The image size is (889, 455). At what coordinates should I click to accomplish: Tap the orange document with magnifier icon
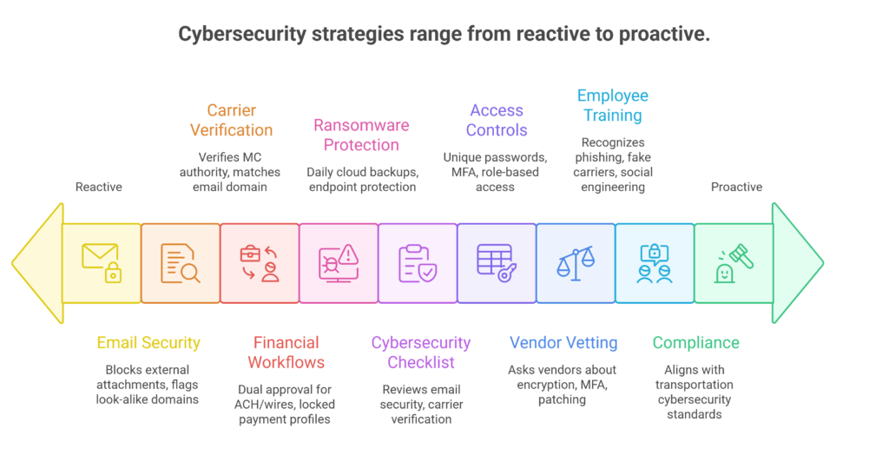coord(181,262)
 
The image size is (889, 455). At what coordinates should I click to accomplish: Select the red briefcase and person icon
coord(260,262)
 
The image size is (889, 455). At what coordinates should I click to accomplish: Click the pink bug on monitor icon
coord(339,262)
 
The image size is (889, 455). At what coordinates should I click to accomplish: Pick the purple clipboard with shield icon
coord(418,262)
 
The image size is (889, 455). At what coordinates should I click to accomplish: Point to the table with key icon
coord(497,262)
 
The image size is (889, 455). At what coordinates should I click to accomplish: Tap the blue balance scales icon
coord(576,262)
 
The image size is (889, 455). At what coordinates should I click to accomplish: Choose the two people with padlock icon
coord(655,262)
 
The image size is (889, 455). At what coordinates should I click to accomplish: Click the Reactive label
coord(99,187)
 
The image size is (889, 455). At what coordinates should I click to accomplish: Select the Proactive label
coord(736,187)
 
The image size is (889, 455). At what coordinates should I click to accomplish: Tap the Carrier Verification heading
coord(231,120)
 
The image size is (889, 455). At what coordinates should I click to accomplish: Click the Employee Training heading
coord(613,105)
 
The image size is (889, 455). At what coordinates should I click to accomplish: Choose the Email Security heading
coord(148,343)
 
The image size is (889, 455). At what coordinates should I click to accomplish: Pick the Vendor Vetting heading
coord(563,343)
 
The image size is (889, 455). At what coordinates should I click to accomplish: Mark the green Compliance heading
coord(696,343)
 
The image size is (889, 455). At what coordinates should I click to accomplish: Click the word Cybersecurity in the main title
coord(242,34)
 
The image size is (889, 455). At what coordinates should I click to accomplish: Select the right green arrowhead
coord(797,262)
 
